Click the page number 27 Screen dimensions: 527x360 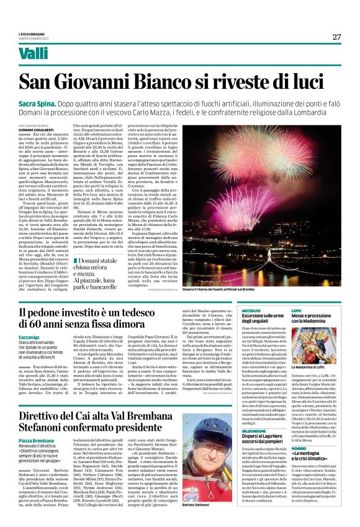336,37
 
